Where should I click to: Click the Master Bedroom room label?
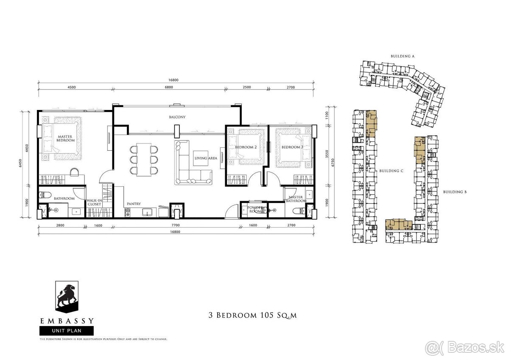[x=66, y=138]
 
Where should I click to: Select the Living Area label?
[x=206, y=158]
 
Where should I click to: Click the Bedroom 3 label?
[x=292, y=147]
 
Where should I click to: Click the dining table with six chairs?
[x=143, y=159]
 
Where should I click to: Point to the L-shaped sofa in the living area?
[x=189, y=168]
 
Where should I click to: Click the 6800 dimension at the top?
[x=169, y=87]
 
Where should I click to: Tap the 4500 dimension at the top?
[x=71, y=87]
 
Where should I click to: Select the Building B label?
[x=455, y=192]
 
